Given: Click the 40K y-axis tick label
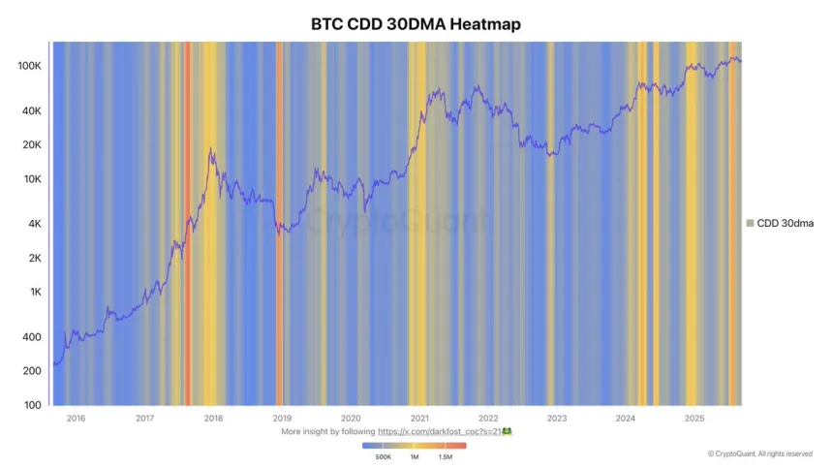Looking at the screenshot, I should pyautogui.click(x=31, y=111).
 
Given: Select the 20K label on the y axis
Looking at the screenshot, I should pyautogui.click(x=31, y=145).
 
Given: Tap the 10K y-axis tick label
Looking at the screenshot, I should pyautogui.click(x=31, y=179).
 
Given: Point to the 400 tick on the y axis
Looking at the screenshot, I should pyautogui.click(x=32, y=337).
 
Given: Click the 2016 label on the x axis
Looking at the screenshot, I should pyautogui.click(x=76, y=419).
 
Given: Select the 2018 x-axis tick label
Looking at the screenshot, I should pyautogui.click(x=213, y=419).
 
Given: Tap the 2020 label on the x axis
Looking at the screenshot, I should pyautogui.click(x=351, y=419).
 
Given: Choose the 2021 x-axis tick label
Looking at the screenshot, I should pyautogui.click(x=419, y=419).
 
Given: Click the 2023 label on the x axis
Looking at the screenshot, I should pyautogui.click(x=557, y=419).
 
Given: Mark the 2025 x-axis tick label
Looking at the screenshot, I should pyautogui.click(x=694, y=419).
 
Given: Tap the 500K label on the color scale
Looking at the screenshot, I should pyautogui.click(x=382, y=456).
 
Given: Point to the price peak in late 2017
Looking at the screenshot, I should pyautogui.click(x=211, y=148).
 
